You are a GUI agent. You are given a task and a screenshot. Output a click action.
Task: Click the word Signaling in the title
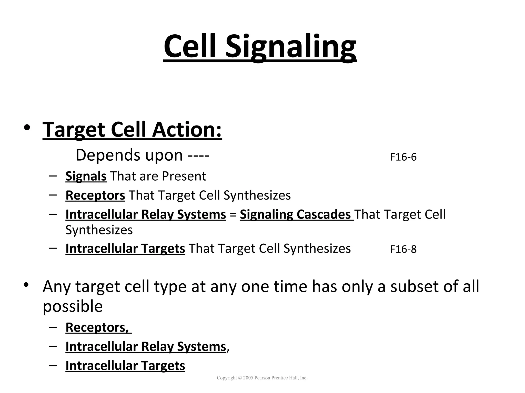tap(291, 47)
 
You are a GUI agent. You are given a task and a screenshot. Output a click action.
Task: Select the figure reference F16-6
tap(403, 157)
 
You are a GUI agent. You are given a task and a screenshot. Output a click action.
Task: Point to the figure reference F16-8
tap(403, 249)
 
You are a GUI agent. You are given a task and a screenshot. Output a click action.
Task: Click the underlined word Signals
tap(86, 176)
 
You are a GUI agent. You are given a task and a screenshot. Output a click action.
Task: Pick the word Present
tap(184, 176)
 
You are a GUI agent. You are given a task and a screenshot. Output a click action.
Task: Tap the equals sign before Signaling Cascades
tap(233, 215)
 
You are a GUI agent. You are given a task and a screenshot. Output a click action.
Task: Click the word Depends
tap(107, 155)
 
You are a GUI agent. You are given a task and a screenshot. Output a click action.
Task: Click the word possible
tap(73, 306)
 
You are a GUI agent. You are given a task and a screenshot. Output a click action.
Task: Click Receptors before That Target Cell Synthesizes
tap(95, 195)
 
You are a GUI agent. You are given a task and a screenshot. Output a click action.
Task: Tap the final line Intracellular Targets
tap(125, 366)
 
